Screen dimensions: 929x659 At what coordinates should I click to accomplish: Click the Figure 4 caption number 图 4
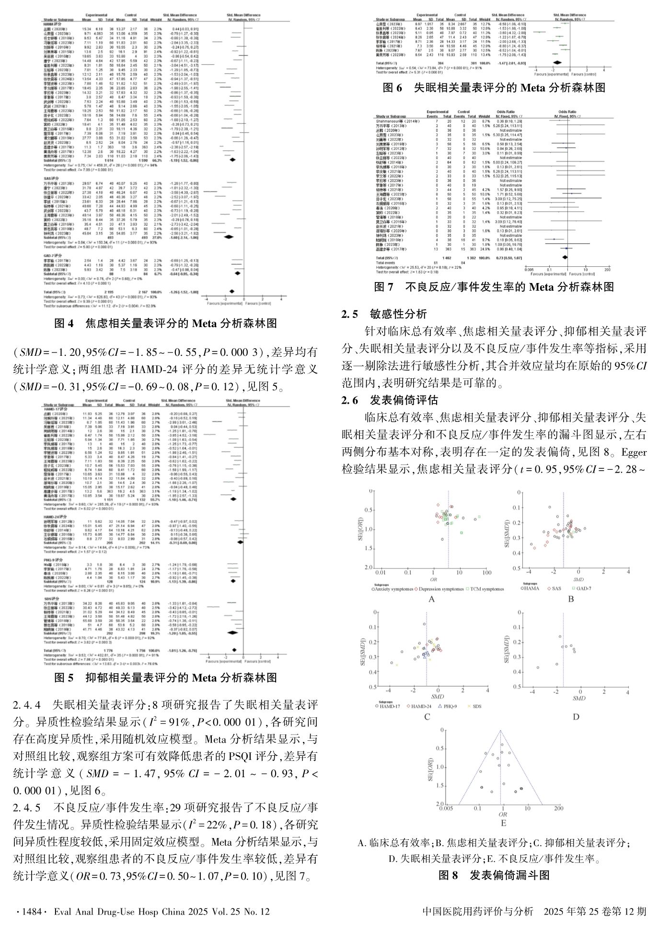pyautogui.click(x=64, y=324)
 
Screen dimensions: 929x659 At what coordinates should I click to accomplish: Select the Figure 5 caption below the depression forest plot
pyautogui.click(x=165, y=678)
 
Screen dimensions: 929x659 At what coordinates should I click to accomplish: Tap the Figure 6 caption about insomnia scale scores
pyautogui.click(x=494, y=88)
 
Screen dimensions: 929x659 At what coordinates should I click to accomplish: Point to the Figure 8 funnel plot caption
pyautogui.click(x=494, y=875)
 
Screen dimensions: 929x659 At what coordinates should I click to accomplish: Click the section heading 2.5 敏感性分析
pyautogui.click(x=384, y=314)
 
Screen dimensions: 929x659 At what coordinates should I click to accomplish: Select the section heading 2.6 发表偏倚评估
pyautogui.click(x=390, y=400)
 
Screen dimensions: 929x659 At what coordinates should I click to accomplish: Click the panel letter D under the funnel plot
pyautogui.click(x=576, y=716)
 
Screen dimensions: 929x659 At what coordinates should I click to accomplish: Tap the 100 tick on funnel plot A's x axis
pyautogui.click(x=486, y=573)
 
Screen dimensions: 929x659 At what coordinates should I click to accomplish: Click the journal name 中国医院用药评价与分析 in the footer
pyautogui.click(x=478, y=911)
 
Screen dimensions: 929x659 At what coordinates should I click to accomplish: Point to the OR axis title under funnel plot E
pyautogui.click(x=503, y=814)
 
